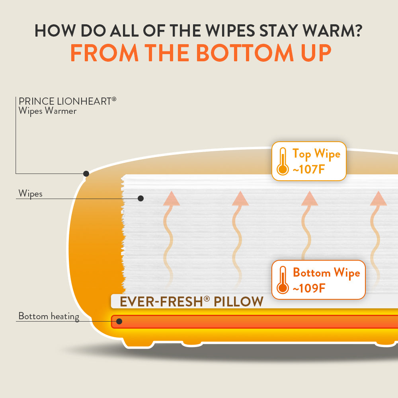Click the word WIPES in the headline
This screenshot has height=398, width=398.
tap(230, 31)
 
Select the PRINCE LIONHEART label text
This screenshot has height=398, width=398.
tap(67, 101)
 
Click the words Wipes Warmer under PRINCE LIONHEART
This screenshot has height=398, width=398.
tap(47, 111)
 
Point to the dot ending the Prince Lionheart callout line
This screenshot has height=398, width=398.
tap(86, 174)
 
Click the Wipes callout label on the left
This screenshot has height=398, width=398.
tap(31, 194)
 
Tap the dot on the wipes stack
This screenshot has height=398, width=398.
tap(140, 198)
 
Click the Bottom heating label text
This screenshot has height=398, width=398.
tap(49, 316)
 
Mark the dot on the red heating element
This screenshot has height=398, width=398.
tap(119, 321)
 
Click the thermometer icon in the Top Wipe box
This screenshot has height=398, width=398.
tap(283, 162)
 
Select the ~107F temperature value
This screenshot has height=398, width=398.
tap(309, 169)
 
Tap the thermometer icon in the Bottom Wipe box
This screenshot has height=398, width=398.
tap(283, 280)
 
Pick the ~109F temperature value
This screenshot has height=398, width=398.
tap(309, 288)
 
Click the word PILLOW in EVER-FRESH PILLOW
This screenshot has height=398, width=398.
tap(238, 302)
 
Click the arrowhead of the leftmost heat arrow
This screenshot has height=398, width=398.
tap(172, 198)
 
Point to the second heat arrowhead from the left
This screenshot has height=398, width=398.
tap(240, 198)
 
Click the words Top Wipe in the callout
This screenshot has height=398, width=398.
tap(316, 154)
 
